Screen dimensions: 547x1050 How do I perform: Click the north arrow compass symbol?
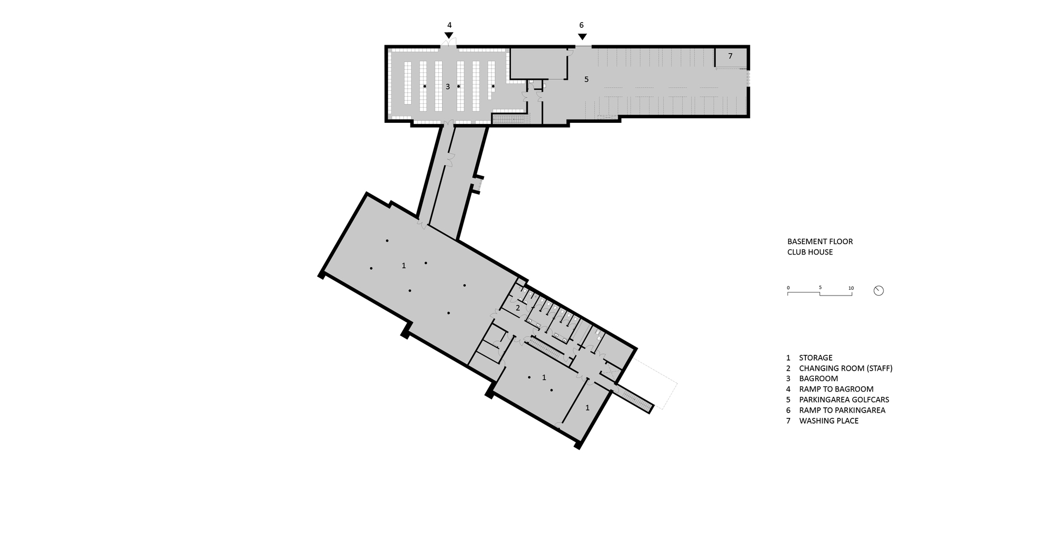[878, 290]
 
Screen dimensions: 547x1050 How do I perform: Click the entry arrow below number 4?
[449, 35]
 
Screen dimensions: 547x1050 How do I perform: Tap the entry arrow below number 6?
[582, 36]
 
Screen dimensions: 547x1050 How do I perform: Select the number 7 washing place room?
[730, 56]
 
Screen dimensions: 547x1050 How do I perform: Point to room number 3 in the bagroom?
[448, 87]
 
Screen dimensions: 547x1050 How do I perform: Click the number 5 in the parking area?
[586, 79]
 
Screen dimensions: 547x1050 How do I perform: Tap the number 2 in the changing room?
[518, 308]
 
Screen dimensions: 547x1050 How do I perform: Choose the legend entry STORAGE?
[815, 357]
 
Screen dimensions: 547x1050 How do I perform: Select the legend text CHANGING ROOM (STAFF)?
[845, 368]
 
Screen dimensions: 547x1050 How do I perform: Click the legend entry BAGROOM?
[818, 378]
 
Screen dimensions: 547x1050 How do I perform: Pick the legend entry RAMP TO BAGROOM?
[836, 389]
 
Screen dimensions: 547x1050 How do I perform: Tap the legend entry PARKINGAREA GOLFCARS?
[844, 399]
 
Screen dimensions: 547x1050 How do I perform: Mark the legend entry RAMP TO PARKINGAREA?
[842, 410]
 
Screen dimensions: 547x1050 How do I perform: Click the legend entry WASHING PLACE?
[828, 420]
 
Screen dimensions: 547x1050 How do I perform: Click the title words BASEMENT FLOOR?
[820, 241]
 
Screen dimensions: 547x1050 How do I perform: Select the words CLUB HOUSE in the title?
[810, 252]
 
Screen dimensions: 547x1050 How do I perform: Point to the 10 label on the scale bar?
[850, 288]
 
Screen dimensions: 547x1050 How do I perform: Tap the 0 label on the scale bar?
[788, 288]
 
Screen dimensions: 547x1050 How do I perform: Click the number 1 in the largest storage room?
[404, 266]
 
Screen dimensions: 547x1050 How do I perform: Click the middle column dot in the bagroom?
[458, 86]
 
